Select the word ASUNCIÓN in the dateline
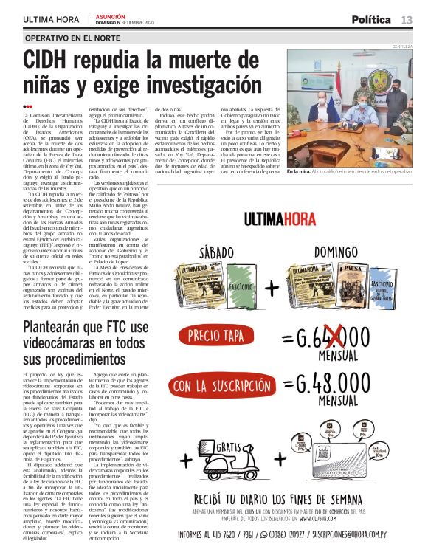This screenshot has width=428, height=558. (108, 15)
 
